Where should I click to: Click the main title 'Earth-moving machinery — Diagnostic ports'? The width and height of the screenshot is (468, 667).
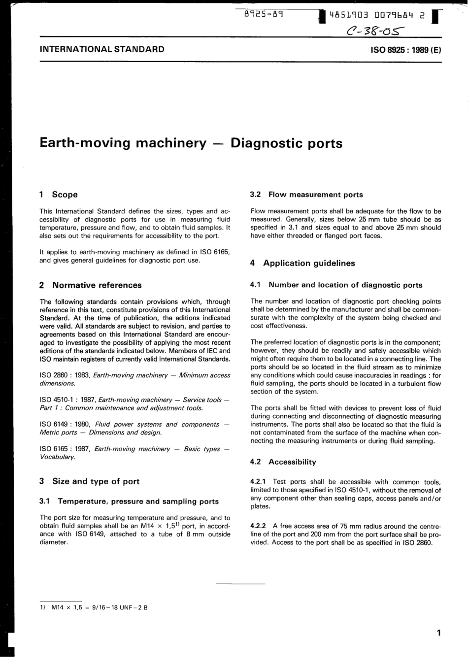[191, 143]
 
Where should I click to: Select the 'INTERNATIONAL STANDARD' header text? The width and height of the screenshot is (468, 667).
[102, 49]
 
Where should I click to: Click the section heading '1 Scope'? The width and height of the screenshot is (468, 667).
[59, 195]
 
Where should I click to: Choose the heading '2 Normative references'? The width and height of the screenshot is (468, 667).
[90, 285]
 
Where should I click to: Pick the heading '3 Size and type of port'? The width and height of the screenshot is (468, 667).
[89, 482]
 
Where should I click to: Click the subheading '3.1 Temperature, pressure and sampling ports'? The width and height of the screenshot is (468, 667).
[129, 501]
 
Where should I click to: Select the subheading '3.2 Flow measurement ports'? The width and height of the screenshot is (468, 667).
[306, 195]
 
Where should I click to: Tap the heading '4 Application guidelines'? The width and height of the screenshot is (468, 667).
[302, 263]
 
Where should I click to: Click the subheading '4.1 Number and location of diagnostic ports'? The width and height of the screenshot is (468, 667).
[336, 285]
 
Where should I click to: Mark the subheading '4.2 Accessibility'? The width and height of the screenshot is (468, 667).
[283, 462]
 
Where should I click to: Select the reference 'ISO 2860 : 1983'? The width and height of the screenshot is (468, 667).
[65, 375]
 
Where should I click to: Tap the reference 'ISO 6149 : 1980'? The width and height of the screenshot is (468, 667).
[65, 425]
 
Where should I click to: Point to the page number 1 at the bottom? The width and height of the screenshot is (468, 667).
[438, 633]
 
